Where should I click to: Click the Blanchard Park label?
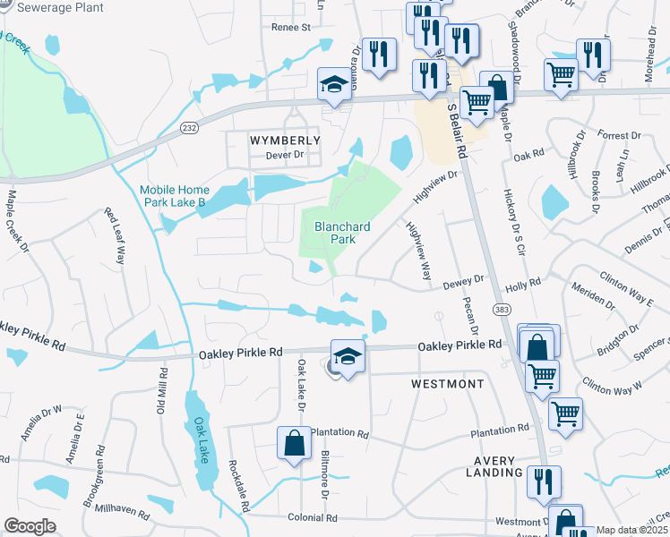tap(335, 233)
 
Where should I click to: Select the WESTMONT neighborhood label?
tap(447, 384)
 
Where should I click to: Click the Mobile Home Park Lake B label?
tap(174, 196)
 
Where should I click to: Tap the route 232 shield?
tap(189, 129)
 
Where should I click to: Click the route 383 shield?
tap(500, 307)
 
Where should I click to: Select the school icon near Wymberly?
tap(334, 86)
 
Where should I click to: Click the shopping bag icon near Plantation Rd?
tap(294, 442)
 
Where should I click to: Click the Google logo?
tap(30, 526)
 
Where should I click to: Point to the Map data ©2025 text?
tap(631, 530)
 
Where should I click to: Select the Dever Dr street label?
tap(285, 155)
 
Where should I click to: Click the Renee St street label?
tap(290, 28)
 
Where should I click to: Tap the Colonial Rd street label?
tap(312, 517)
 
